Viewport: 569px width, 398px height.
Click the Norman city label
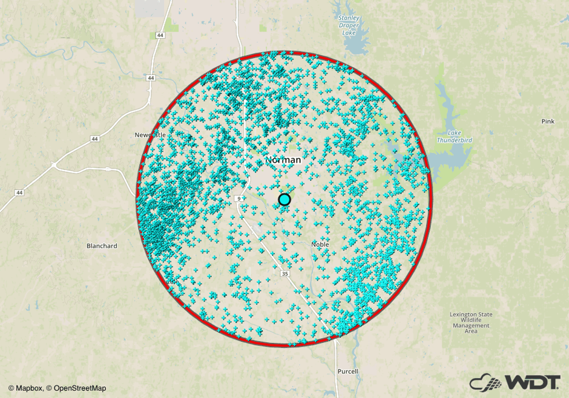click(x=283, y=160)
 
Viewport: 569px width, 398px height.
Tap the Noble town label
click(x=320, y=244)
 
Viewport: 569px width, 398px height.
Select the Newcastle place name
click(x=150, y=134)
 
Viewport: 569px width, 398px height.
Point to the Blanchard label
click(x=102, y=246)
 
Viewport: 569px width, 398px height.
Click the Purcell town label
click(x=347, y=371)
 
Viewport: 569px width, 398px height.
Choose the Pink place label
click(x=547, y=122)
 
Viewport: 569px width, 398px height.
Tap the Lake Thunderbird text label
click(x=455, y=136)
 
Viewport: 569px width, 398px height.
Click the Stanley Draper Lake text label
click(x=349, y=25)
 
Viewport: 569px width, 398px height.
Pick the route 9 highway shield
click(x=240, y=198)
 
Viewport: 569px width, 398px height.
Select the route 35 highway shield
click(x=285, y=274)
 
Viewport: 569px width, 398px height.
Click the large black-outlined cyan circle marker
click(x=284, y=200)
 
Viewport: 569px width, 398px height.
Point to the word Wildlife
click(x=470, y=320)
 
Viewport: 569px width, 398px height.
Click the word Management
click(x=470, y=325)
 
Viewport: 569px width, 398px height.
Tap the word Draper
click(x=349, y=25)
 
